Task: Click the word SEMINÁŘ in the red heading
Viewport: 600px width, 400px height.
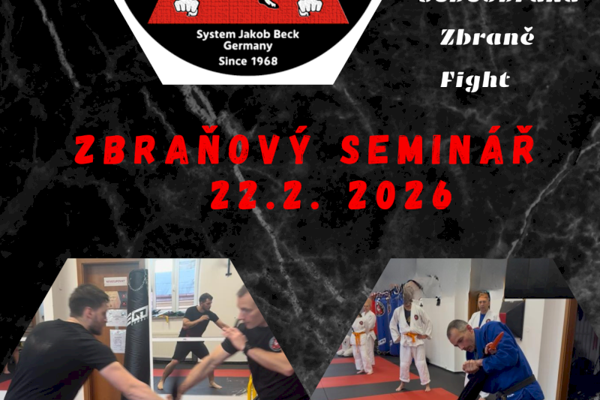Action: pos(438,151)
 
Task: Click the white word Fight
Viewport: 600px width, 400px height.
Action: pos(475,80)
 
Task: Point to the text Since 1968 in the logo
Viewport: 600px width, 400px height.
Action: pos(247,61)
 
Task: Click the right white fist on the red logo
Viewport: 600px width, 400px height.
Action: pos(309,7)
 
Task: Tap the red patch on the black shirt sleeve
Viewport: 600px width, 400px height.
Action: pos(274,344)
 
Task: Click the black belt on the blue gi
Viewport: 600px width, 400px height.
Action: pos(517,386)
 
